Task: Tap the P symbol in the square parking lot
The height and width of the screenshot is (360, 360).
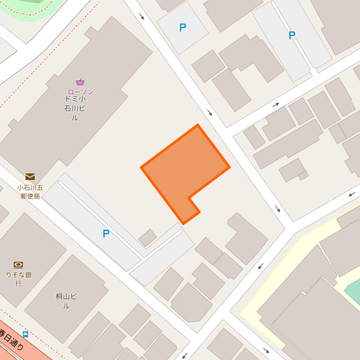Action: (183, 27)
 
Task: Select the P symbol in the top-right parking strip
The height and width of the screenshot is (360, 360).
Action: (292, 35)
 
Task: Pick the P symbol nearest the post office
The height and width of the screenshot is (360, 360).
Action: (105, 234)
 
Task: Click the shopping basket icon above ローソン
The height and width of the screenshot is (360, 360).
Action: (80, 82)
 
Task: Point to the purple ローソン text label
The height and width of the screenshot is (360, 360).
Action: (80, 92)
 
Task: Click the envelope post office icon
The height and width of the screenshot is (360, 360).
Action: (30, 177)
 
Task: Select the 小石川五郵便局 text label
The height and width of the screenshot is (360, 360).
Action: (30, 191)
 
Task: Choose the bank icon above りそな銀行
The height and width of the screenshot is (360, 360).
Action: (18, 264)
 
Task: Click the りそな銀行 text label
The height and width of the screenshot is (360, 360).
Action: (18, 279)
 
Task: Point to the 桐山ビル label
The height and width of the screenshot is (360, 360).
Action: (66, 301)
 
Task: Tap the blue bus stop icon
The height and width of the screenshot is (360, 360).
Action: (25, 334)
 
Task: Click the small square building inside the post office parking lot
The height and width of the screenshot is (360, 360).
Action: (148, 238)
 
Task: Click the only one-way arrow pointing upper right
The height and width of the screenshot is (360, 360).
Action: (276, 105)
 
